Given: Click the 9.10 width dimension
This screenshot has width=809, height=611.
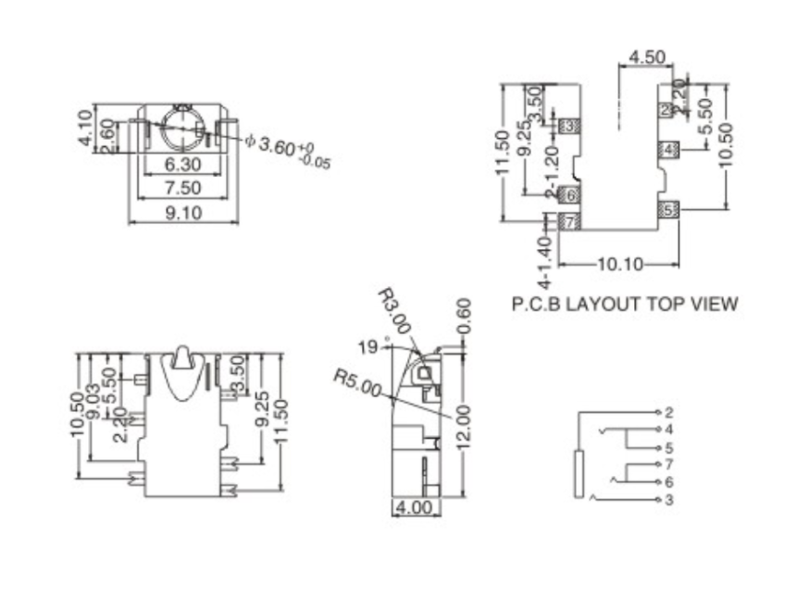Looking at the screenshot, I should coord(182,213).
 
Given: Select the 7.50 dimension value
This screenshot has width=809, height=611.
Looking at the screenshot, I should coord(182,188).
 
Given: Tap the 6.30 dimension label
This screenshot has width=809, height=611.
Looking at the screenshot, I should coord(182,165).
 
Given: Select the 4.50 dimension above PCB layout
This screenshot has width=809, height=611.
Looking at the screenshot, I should coord(647,57).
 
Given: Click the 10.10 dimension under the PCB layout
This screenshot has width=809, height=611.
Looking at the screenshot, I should coord(620,264).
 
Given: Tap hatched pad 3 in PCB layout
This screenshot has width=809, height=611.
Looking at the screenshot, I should coord(570,125).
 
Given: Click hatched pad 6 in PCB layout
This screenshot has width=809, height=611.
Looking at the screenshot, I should coord(570,195).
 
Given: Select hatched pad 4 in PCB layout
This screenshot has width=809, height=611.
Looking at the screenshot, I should coord(669,150).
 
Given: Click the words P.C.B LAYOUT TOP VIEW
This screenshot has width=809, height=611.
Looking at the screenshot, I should coord(625,303).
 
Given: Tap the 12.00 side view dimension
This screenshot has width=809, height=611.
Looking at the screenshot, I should coord(465,428).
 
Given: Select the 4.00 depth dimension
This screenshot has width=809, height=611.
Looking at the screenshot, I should coord(414,508).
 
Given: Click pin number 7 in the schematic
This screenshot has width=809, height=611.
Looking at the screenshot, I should coord(668,464).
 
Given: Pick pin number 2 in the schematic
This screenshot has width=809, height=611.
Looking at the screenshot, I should coord(668,412).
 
